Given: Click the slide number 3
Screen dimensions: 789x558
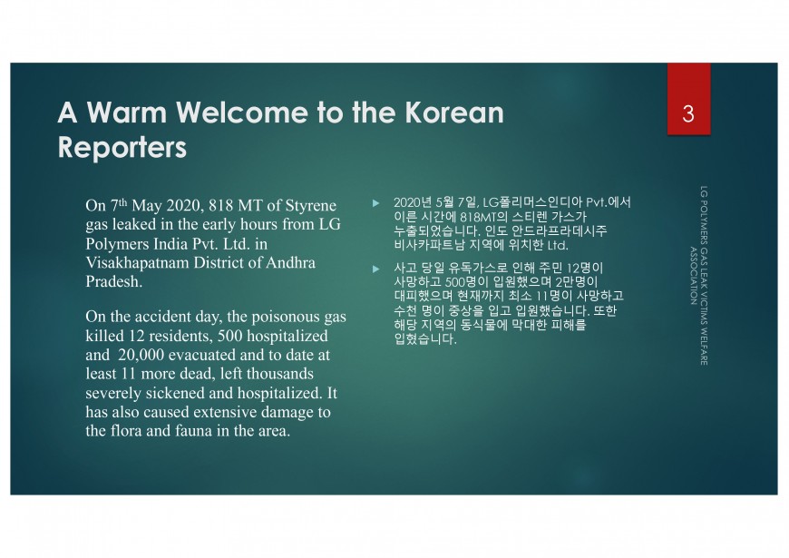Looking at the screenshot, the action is (x=688, y=113).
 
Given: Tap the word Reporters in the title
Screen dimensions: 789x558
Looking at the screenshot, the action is (x=122, y=148).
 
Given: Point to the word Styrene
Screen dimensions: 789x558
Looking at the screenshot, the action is (x=310, y=206).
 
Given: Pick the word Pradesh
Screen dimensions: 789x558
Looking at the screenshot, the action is (x=113, y=281).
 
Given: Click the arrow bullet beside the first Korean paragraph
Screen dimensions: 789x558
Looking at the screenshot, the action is (x=375, y=203).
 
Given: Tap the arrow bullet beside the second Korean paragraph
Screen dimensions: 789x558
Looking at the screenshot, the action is (x=375, y=269).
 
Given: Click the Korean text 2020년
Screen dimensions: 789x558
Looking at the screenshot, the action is (x=413, y=202).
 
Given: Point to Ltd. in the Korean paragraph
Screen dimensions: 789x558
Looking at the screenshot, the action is (x=558, y=246).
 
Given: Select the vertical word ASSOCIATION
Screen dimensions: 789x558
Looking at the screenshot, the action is (x=694, y=276).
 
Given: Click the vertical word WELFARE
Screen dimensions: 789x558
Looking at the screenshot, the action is (x=704, y=347).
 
